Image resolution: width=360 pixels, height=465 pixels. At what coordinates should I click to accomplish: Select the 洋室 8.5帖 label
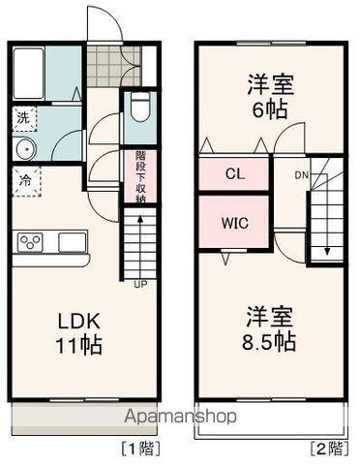(270, 328)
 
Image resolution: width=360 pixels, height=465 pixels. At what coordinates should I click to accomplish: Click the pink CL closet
(234, 174)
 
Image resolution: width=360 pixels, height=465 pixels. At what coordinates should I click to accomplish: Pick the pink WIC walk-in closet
(234, 222)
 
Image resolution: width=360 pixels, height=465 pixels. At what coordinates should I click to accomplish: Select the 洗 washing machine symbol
(21, 119)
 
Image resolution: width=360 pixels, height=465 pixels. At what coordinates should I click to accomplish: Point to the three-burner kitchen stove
(30, 242)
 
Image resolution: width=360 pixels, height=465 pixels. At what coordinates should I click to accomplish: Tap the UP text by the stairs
(140, 284)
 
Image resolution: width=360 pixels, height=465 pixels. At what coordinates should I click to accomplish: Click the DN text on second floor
(301, 175)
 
